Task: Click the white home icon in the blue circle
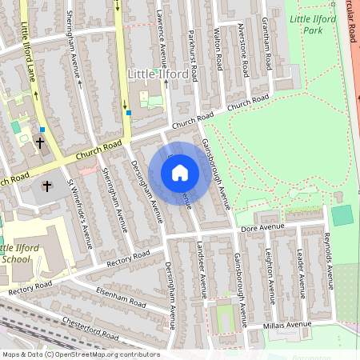[180, 173]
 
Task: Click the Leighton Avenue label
[270, 275]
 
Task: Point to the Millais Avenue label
[288, 326]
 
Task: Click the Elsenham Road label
[121, 297]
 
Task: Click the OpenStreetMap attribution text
[80, 354]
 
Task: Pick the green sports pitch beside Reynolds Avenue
[342, 215]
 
